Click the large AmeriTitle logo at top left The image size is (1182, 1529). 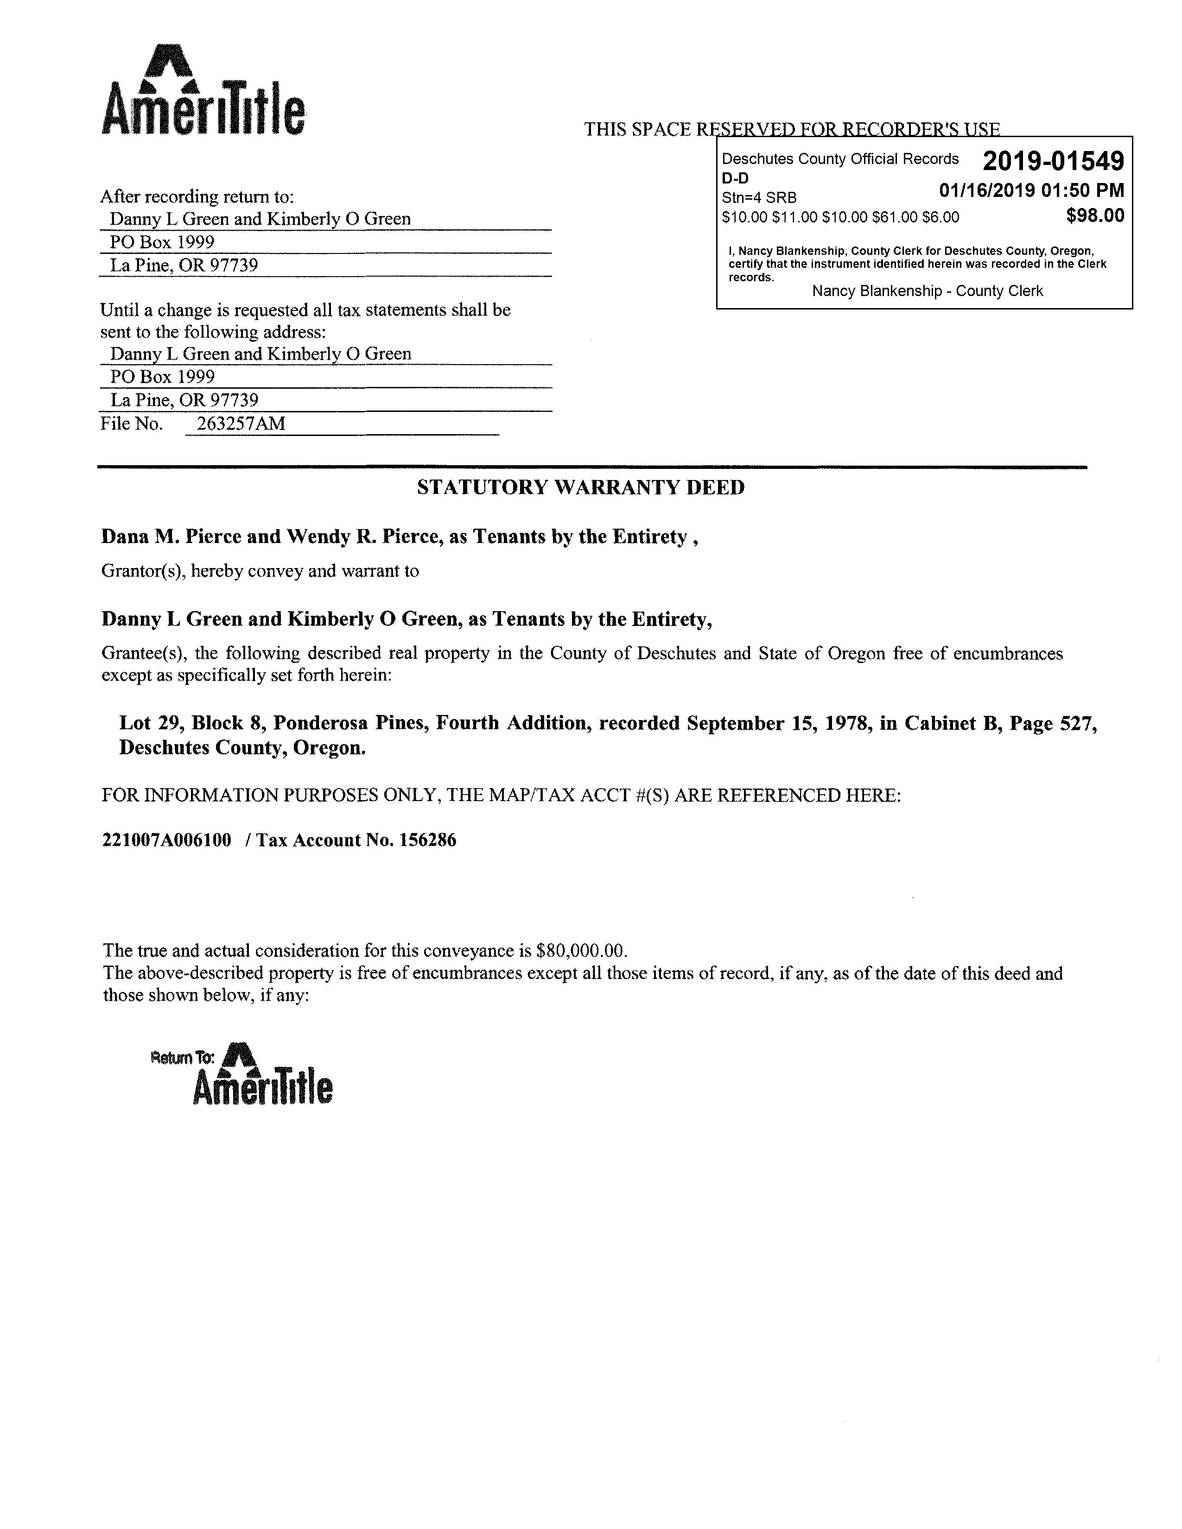[203, 91]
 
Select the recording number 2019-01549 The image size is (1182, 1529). [1053, 162]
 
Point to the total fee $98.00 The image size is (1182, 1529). [1094, 215]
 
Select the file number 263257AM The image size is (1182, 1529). [241, 423]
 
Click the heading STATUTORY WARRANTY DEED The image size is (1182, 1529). [580, 487]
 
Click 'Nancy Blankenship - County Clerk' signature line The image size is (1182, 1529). [927, 291]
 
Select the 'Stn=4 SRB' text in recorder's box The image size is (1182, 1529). [759, 198]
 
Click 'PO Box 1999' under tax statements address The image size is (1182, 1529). [162, 377]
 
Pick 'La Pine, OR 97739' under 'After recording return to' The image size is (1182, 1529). [184, 265]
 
